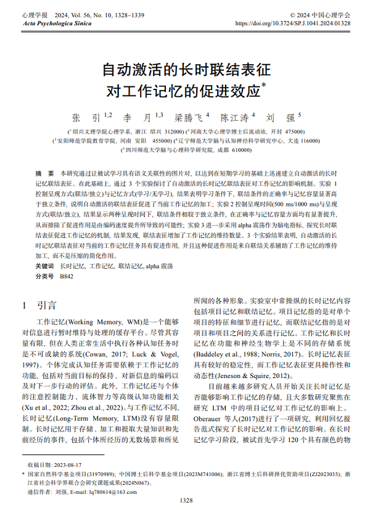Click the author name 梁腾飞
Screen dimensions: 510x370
pyautogui.click(x=189, y=117)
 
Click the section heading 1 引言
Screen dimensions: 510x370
pyautogui.click(x=38, y=305)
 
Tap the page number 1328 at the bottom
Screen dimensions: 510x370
pyautogui.click(x=185, y=501)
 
